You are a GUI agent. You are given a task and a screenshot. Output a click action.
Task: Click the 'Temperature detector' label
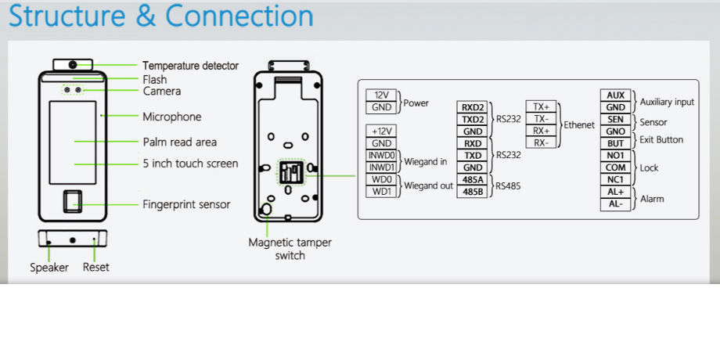[x=190, y=66]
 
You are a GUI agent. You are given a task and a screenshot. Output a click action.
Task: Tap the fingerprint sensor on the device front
[x=75, y=203]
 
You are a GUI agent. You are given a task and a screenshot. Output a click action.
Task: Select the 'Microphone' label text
[x=171, y=117]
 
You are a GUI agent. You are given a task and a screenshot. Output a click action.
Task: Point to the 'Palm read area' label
[x=179, y=142]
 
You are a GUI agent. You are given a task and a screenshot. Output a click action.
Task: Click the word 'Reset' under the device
[x=95, y=268]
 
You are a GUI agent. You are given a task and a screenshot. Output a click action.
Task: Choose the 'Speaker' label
[x=49, y=268]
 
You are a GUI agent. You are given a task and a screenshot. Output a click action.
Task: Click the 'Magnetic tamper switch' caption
[x=290, y=249]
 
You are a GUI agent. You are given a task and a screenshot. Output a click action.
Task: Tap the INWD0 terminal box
[x=382, y=155]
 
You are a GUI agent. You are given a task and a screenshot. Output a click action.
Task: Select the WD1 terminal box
[x=382, y=191]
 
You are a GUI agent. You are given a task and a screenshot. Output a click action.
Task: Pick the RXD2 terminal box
[x=473, y=107]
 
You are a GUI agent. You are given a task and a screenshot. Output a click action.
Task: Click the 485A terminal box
[x=473, y=179]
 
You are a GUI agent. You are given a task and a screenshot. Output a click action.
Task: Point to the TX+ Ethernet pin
[x=541, y=106]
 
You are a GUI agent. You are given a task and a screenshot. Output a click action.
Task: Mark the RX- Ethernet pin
[x=541, y=142]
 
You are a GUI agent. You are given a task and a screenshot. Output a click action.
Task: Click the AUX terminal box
[x=616, y=95]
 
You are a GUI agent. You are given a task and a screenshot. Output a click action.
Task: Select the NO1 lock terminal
[x=616, y=155]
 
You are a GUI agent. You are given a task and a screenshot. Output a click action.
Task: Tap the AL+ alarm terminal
[x=616, y=192]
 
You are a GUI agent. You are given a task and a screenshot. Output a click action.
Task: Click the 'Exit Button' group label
[x=661, y=139]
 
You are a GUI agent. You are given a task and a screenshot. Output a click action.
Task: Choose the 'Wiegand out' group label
[x=429, y=185]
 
